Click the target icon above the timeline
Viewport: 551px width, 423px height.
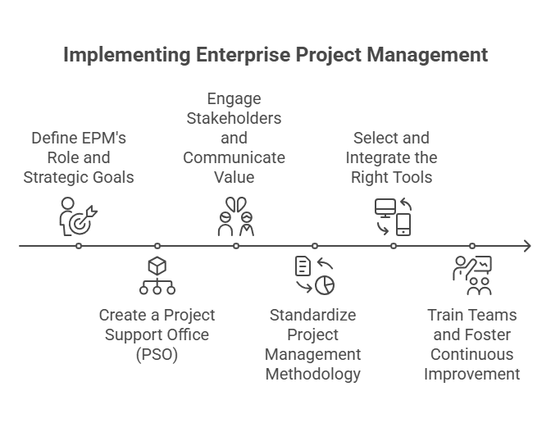[78, 216]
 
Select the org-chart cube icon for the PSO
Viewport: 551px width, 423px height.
[157, 275]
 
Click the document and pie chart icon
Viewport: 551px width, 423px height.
[315, 275]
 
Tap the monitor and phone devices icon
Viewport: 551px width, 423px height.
[393, 216]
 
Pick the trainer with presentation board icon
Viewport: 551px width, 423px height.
[472, 275]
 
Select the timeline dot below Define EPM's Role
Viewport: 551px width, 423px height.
[78, 246]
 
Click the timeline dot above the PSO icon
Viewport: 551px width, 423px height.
[157, 246]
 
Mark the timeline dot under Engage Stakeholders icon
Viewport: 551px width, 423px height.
[235, 246]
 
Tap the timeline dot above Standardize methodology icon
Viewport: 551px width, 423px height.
[315, 246]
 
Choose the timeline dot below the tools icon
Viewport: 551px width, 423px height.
[394, 246]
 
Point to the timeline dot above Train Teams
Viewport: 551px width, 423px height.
[472, 246]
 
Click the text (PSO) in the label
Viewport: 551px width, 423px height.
[157, 354]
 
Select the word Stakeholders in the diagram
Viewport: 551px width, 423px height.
[234, 118]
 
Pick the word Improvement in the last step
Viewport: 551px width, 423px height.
[472, 374]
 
